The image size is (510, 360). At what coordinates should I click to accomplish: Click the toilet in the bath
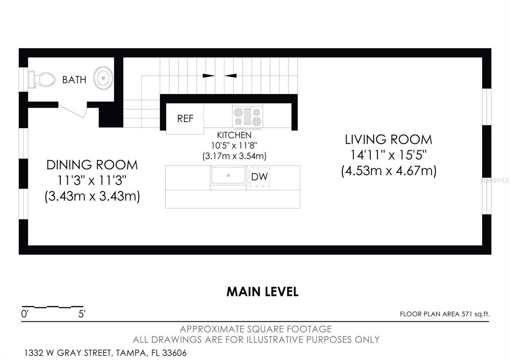tap(42, 79)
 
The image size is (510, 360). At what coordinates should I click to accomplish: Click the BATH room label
tap(74, 80)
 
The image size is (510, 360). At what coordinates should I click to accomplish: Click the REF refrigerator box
tap(185, 119)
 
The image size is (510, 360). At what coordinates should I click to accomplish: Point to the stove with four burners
tap(248, 117)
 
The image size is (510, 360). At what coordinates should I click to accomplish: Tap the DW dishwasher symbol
tap(259, 177)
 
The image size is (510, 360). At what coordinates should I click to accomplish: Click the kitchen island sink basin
tap(228, 176)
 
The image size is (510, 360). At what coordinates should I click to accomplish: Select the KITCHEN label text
tap(234, 135)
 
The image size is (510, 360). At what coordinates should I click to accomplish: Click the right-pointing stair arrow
tap(208, 76)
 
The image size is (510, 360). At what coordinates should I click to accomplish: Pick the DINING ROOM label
tap(92, 165)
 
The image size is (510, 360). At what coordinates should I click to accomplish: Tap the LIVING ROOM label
tap(388, 140)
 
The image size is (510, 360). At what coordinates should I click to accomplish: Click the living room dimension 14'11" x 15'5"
tap(388, 155)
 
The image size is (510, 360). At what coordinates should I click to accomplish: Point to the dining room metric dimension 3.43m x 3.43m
tap(92, 196)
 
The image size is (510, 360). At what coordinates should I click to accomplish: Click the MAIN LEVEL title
tap(262, 292)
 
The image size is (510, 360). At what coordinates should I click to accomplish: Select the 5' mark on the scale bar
tap(82, 314)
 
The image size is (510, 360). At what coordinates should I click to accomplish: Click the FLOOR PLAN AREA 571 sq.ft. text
tap(444, 314)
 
